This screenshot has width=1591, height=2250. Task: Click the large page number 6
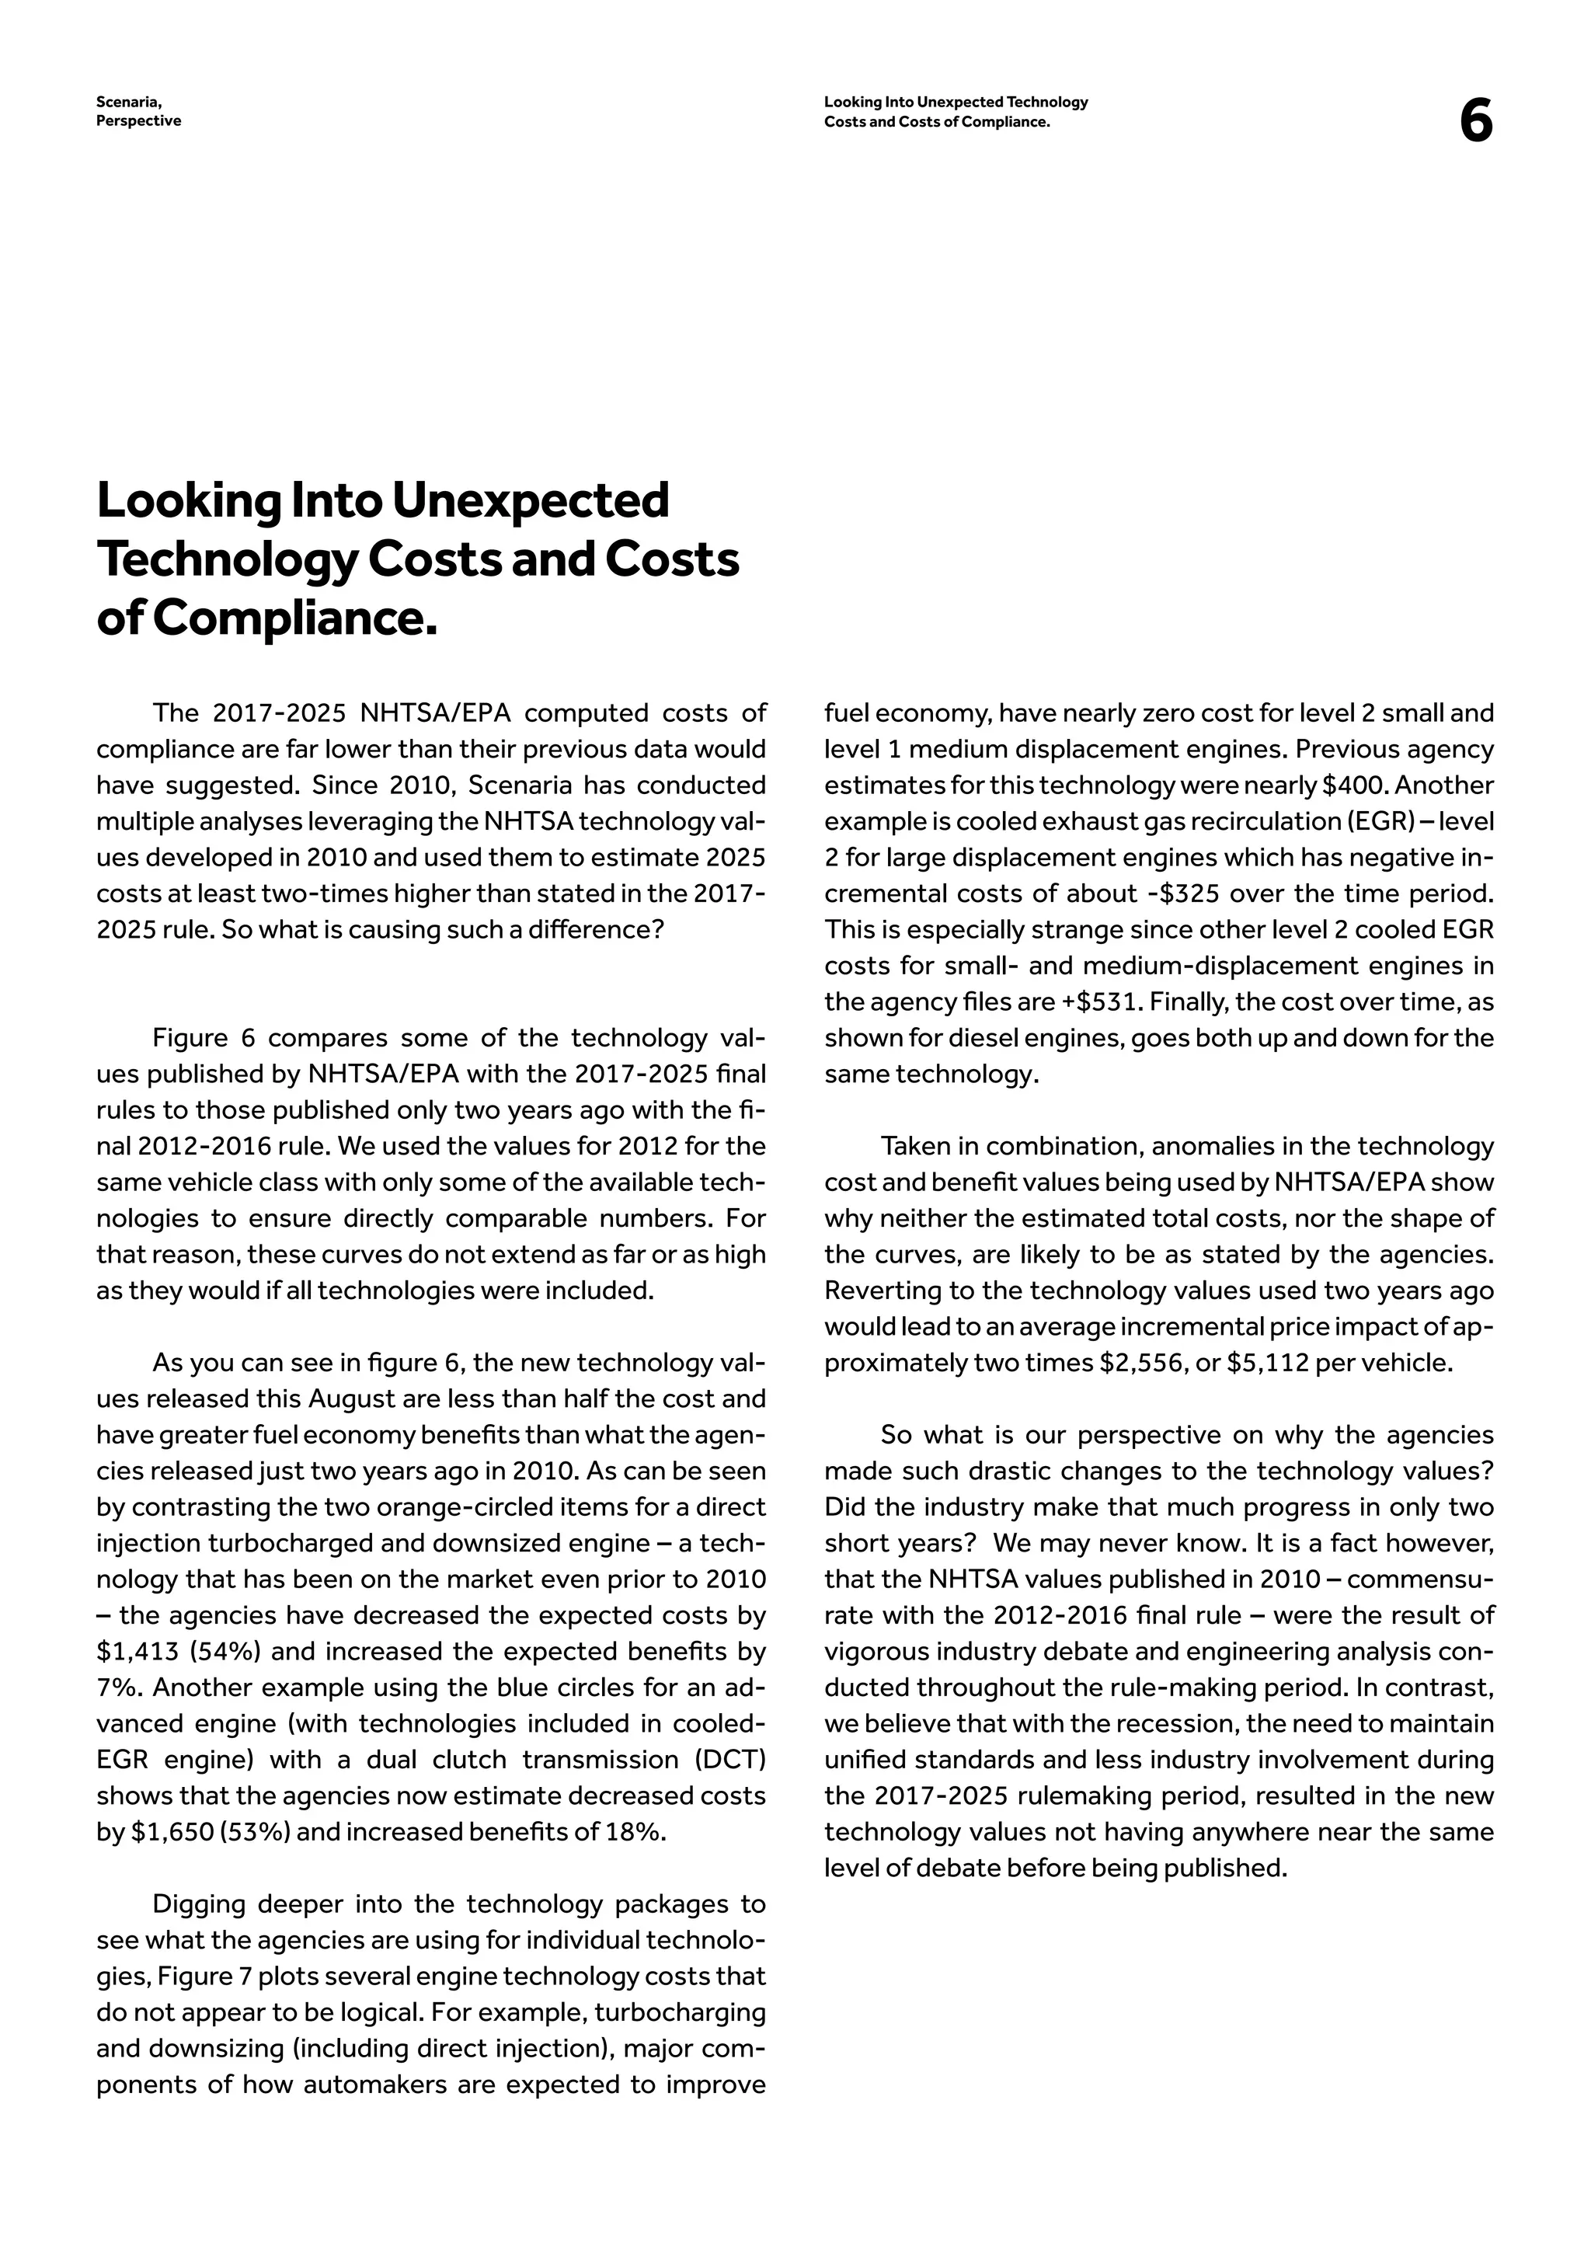1475,123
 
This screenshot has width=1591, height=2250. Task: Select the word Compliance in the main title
294,618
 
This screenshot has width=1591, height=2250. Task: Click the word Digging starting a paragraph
199,1904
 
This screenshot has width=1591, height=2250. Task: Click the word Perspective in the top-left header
138,121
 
